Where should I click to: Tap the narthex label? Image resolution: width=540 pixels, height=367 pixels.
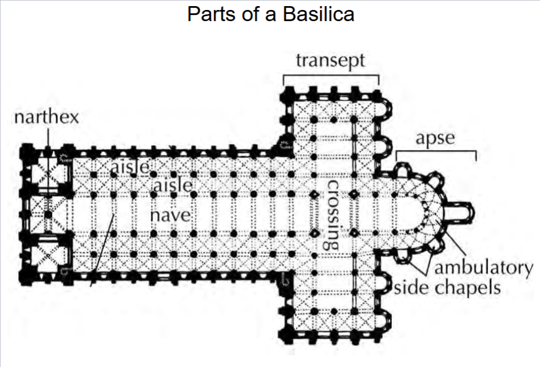point(47,118)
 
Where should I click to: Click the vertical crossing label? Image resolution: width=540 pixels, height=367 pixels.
point(333,213)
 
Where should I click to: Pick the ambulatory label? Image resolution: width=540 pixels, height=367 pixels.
point(483,268)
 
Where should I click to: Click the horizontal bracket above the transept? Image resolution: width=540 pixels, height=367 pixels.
point(331,75)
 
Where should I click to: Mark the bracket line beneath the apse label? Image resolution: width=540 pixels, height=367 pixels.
point(436,151)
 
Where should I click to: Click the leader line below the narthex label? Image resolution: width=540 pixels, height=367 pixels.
point(48,137)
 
